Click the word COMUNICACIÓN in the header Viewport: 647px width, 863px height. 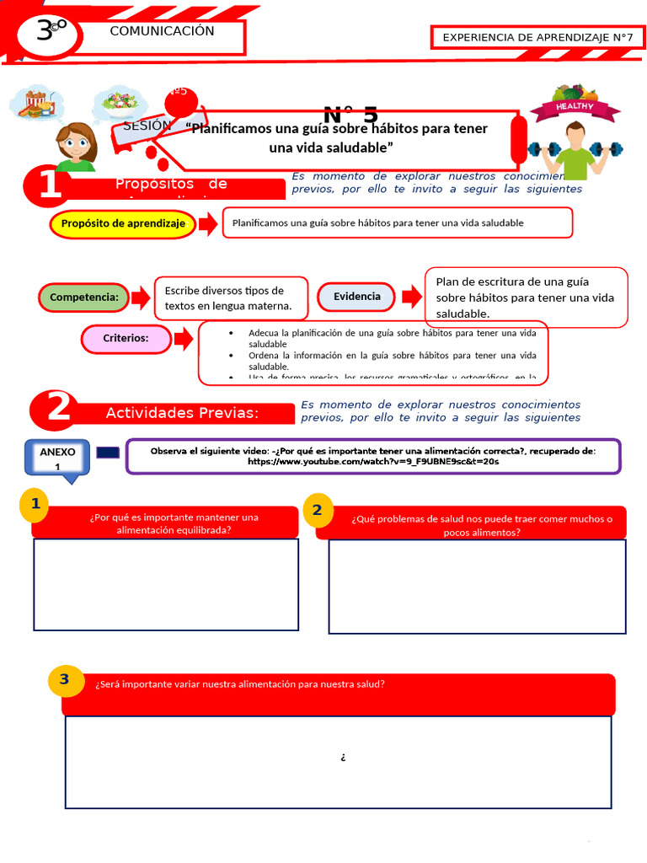tap(162, 31)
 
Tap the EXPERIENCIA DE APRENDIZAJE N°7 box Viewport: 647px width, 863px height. tap(537, 37)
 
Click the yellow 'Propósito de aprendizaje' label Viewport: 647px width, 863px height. tap(123, 223)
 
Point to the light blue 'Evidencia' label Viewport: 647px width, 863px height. tap(356, 296)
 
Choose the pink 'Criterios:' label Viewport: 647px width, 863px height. tap(126, 338)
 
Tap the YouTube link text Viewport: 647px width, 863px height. tap(372, 462)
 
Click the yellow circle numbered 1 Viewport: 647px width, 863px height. tap(35, 504)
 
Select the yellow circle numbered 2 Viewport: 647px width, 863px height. tap(317, 509)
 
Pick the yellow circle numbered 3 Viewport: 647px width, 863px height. tap(65, 679)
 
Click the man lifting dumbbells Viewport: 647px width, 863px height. tap(575, 149)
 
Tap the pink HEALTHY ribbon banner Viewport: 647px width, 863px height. tap(575, 107)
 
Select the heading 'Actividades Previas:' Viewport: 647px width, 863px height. tap(181, 412)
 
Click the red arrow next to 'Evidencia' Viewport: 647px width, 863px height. tap(411, 296)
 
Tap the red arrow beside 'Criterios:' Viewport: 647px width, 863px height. tap(183, 339)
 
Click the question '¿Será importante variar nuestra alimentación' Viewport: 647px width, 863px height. tap(240, 684)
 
